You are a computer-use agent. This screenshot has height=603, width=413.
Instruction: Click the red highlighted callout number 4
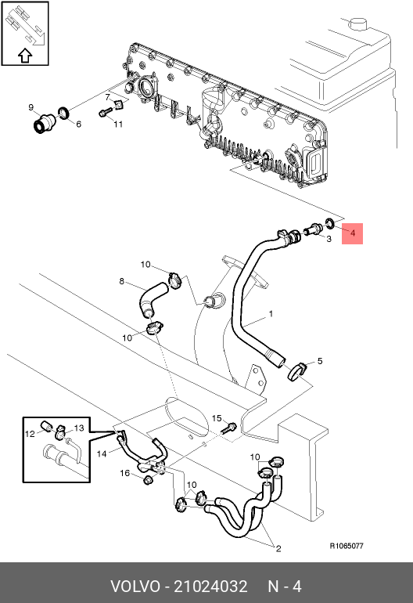[x=353, y=233]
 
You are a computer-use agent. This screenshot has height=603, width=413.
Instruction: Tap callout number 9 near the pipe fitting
[x=31, y=107]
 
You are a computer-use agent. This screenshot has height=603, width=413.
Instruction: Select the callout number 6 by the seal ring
[x=79, y=124]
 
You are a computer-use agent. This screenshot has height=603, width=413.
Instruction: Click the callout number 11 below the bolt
[x=118, y=124]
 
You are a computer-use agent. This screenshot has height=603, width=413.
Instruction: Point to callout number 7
[x=108, y=97]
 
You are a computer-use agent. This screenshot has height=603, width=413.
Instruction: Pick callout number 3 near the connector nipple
[x=329, y=239]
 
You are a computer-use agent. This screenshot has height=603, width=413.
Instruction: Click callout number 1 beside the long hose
[x=271, y=314]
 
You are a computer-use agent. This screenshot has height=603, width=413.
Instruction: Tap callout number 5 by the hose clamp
[x=320, y=361]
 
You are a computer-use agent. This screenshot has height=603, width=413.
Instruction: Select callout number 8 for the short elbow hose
[x=122, y=281]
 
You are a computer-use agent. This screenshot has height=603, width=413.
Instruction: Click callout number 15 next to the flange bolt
[x=217, y=418]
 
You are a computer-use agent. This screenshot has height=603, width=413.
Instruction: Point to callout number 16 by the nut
[x=125, y=473]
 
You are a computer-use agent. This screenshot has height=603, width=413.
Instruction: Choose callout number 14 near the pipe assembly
[x=102, y=453]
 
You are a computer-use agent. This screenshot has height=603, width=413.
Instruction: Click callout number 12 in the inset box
[x=30, y=434]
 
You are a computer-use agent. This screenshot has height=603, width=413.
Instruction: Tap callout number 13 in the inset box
[x=79, y=428]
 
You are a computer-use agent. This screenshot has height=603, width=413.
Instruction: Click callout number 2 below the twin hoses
[x=278, y=548]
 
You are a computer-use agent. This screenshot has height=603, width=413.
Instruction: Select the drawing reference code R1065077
[x=347, y=546]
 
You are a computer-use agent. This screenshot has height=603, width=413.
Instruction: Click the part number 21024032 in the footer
[x=210, y=587]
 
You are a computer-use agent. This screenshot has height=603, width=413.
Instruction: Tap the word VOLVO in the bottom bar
[x=135, y=587]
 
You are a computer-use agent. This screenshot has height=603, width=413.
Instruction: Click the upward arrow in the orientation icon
[x=25, y=56]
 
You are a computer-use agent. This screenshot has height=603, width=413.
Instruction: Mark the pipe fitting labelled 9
[x=43, y=123]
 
